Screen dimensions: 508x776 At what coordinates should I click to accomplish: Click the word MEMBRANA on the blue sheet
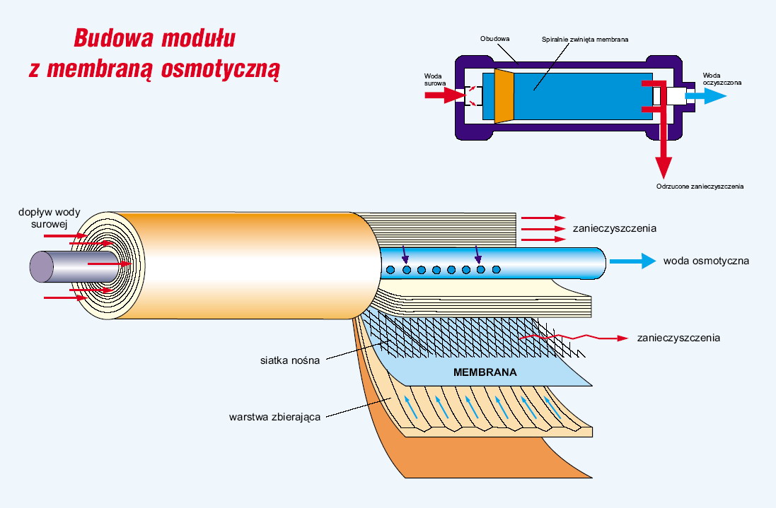click(485, 372)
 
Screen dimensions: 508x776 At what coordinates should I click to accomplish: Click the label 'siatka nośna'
click(290, 360)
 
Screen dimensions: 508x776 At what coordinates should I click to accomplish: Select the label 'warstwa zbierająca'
click(275, 416)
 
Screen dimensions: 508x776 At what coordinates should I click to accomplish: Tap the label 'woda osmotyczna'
click(706, 261)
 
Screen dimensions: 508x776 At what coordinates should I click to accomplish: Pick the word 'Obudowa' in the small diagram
click(495, 39)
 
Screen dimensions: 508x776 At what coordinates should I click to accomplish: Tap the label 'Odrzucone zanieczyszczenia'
click(700, 187)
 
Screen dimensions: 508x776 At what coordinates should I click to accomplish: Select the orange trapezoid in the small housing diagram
click(504, 95)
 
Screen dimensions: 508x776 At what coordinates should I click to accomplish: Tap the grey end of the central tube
click(41, 266)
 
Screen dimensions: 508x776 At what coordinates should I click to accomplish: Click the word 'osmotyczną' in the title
click(221, 69)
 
